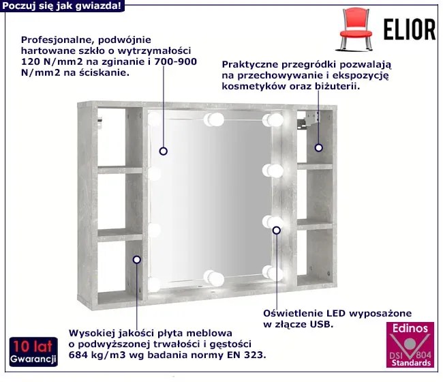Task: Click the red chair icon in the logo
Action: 356,29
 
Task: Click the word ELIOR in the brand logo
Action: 410,29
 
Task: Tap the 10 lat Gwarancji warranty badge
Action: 33,352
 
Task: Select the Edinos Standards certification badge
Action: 410,344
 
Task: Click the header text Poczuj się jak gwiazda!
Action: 61,5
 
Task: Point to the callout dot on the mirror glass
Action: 164,151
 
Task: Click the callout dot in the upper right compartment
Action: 319,147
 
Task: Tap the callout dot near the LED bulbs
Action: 277,231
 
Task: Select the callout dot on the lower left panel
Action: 137,260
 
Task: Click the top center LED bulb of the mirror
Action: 214,119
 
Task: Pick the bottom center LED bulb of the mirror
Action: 214,278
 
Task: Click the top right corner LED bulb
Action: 273,119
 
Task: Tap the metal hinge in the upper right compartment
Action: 309,120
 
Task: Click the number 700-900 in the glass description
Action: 175,61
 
